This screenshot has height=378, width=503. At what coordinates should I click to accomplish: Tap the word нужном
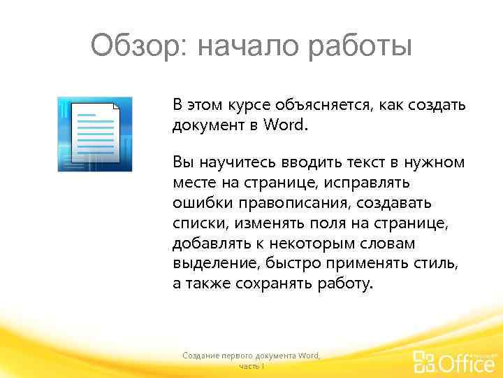434,162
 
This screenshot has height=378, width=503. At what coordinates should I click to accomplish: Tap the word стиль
439,263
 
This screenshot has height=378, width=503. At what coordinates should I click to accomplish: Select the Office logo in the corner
453,361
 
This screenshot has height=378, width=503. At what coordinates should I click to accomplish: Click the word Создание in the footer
201,356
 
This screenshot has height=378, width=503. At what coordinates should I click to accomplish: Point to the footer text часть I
251,366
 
